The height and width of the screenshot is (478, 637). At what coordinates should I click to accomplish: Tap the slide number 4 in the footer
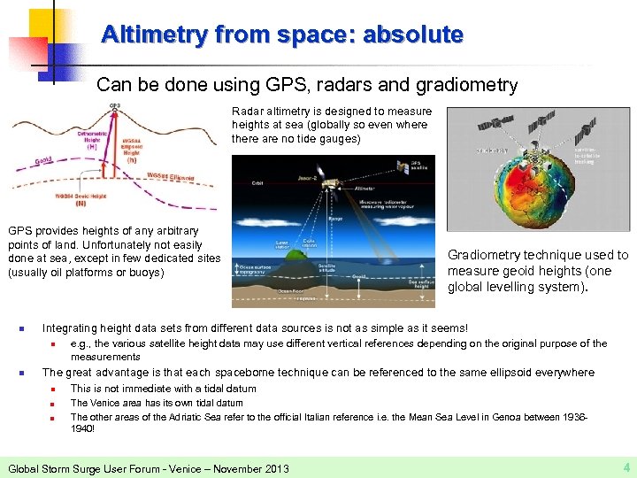coord(626,466)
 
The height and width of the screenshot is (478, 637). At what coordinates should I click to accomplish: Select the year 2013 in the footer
coord(272,468)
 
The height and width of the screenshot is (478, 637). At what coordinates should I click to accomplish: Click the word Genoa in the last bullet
coord(510,417)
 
